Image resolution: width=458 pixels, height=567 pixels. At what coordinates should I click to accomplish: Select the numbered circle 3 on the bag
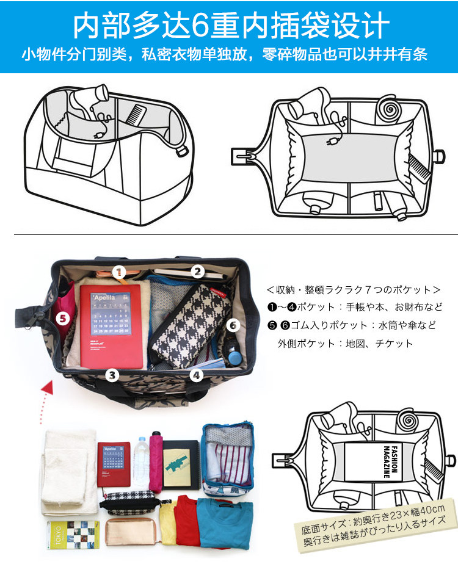coord(112,375)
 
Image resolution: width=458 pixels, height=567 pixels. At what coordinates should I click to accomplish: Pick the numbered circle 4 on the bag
coord(195,375)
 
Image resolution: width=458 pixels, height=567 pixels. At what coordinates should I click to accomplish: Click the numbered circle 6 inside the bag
coord(232,325)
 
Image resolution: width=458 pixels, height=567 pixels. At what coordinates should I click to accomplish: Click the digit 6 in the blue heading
coord(201,26)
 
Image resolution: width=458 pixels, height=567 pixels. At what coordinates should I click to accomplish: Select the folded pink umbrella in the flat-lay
coord(156,459)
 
